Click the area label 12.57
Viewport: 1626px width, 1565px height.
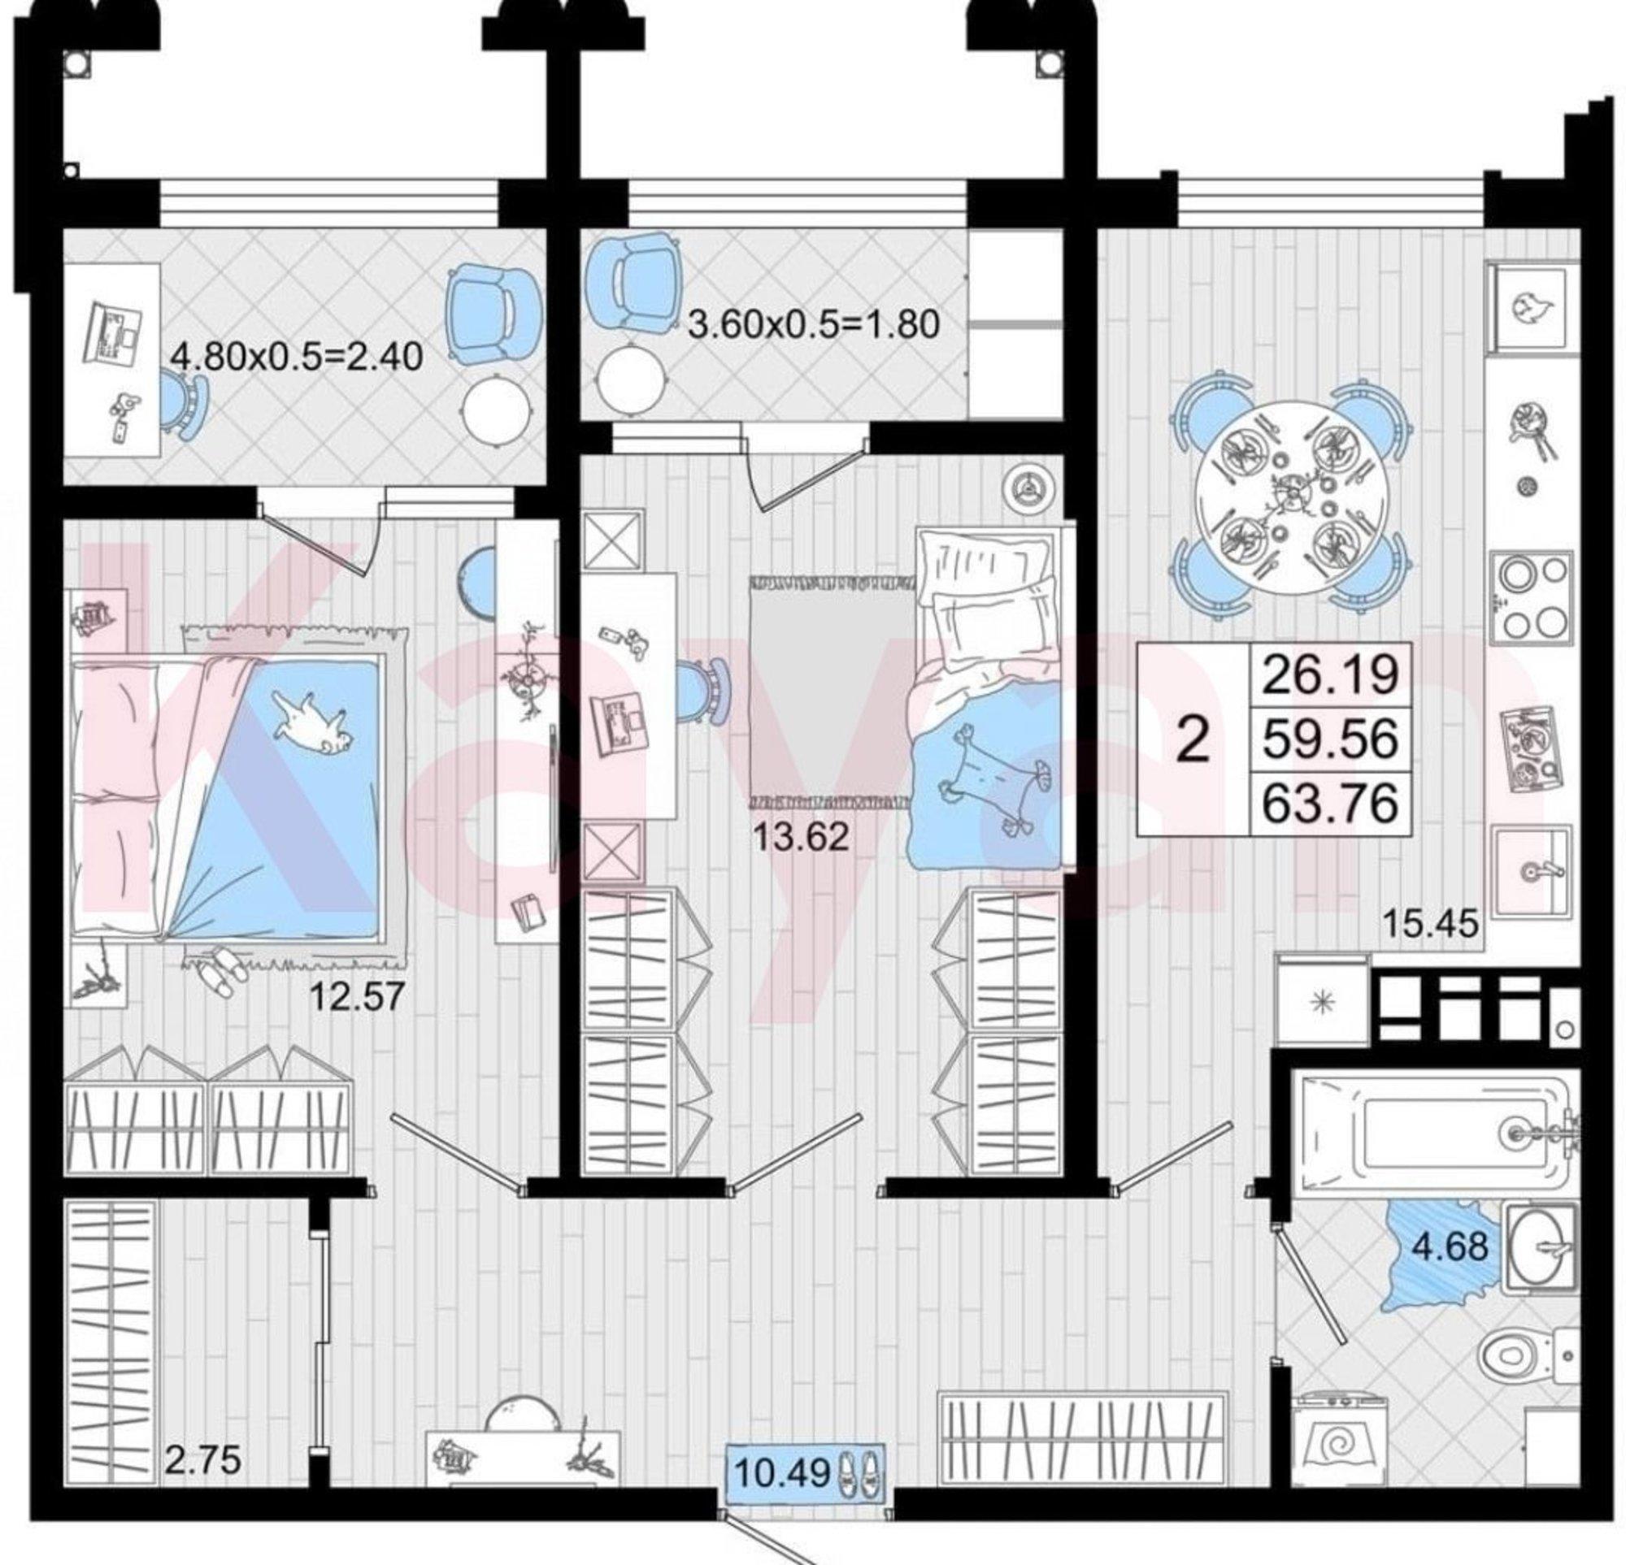[x=356, y=996]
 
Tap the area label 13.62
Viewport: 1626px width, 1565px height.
[x=801, y=837]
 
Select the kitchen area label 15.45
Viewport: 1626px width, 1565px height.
[x=1430, y=923]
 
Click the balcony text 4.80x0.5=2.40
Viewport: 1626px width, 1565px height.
[x=297, y=358]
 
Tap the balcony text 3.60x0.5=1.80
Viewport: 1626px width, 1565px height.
[x=815, y=324]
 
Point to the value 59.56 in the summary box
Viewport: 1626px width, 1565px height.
[x=1330, y=738]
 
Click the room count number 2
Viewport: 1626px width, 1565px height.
[x=1193, y=739]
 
